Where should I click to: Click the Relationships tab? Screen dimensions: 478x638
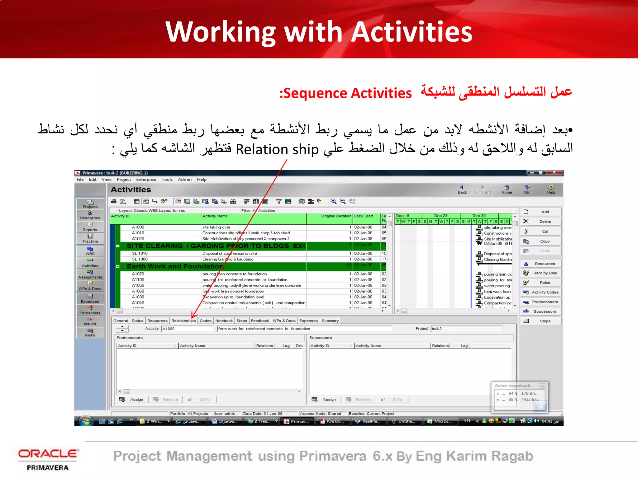[x=183, y=321]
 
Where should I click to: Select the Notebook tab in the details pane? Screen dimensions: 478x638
[x=224, y=321]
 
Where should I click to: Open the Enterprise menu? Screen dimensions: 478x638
[x=146, y=180]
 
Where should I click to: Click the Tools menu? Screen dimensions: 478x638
[x=167, y=180]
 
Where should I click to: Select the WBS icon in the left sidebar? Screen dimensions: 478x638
[x=90, y=251]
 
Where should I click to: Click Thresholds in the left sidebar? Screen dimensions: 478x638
[x=90, y=310]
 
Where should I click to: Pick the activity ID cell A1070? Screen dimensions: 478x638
[x=138, y=274]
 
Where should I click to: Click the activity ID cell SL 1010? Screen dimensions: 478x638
[x=140, y=254]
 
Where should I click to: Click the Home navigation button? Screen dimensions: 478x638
[x=507, y=189]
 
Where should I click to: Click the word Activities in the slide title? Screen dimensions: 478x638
[x=412, y=32]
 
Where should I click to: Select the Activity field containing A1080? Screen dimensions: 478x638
[x=187, y=329]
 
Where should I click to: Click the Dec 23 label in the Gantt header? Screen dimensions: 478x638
[x=440, y=216]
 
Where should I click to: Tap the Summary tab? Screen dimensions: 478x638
[x=330, y=321]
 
